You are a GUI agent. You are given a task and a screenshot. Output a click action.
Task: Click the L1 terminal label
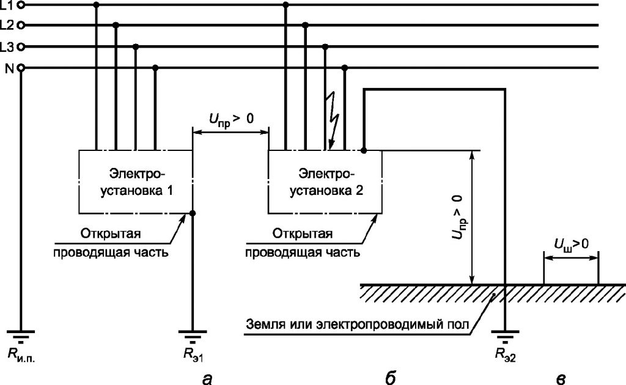pyautogui.click(x=7, y=4)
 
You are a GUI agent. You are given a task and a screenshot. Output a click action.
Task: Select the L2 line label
pyautogui.click(x=7, y=26)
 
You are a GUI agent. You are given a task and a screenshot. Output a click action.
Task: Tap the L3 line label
pyautogui.click(x=7, y=47)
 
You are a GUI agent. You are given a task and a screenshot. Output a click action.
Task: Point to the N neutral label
pyautogui.click(x=9, y=68)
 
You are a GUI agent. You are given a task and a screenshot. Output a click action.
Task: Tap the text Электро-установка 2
pyautogui.click(x=326, y=182)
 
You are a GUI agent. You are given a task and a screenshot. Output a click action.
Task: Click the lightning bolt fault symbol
pyautogui.click(x=333, y=120)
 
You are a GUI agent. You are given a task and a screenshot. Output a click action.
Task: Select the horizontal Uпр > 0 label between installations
pyautogui.click(x=231, y=119)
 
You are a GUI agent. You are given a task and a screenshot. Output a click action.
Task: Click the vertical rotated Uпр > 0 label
pyautogui.click(x=459, y=217)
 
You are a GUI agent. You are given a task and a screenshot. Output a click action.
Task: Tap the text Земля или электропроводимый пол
pyautogui.click(x=358, y=324)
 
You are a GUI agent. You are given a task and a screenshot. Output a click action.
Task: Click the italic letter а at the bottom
pyautogui.click(x=207, y=378)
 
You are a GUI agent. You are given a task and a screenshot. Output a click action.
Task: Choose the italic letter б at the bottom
pyautogui.click(x=391, y=377)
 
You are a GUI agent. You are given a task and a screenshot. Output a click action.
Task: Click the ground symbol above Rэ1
pyautogui.click(x=193, y=336)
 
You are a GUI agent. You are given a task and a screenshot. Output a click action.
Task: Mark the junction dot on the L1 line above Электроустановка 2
pyautogui.click(x=285, y=5)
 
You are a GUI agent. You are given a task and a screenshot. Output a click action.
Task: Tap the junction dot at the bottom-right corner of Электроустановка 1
pyautogui.click(x=193, y=213)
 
